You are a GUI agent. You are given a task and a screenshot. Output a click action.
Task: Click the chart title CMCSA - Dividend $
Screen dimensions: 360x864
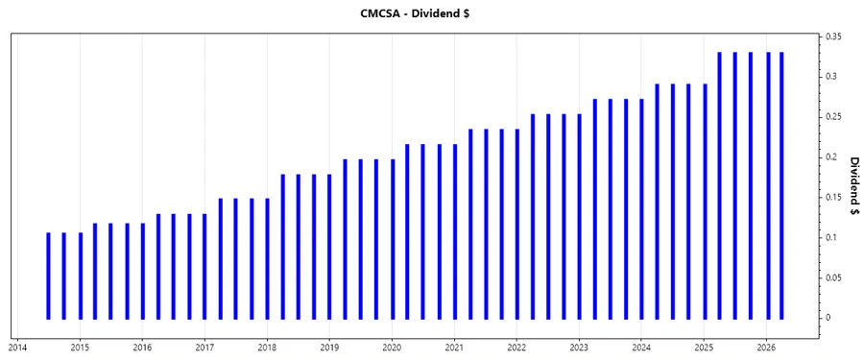coord(431,12)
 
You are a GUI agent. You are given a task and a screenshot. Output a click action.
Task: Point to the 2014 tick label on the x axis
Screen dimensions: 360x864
coord(17,347)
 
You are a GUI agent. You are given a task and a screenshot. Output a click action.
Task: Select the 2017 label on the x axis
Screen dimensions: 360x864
coord(204,347)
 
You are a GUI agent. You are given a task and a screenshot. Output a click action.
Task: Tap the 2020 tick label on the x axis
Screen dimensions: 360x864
coord(392,347)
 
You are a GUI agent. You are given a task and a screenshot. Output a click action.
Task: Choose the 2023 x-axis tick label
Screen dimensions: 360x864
coord(579,347)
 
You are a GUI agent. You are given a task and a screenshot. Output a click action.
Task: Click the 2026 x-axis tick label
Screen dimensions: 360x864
coord(766,347)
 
